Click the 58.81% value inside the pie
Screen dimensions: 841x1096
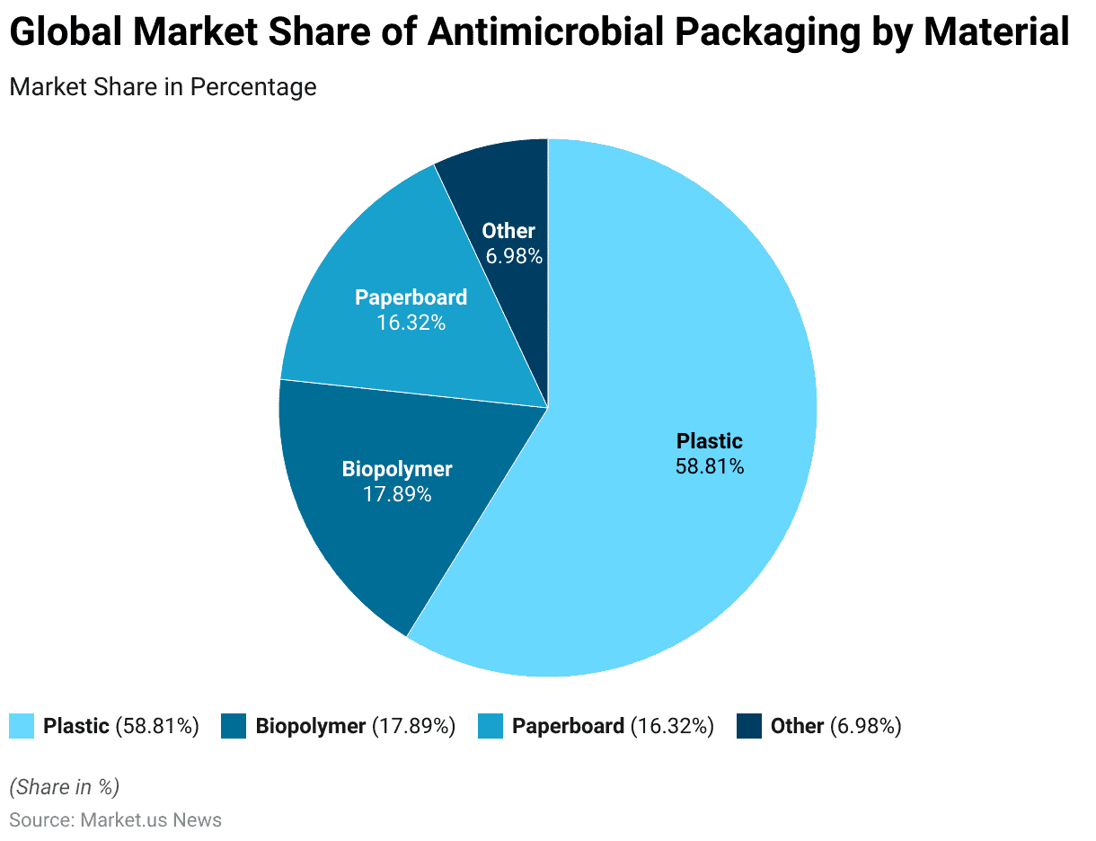tap(710, 466)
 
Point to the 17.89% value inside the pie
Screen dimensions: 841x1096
tap(397, 493)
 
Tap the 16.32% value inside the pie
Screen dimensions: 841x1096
tap(411, 322)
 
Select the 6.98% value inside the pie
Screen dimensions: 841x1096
tap(514, 256)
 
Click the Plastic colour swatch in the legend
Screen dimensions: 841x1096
tap(22, 726)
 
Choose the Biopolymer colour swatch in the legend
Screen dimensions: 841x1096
tap(234, 726)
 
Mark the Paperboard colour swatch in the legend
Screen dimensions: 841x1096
tap(491, 726)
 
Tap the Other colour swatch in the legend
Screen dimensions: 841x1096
tap(749, 726)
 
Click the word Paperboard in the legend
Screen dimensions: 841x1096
tap(568, 726)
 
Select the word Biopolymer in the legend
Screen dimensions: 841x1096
tap(310, 726)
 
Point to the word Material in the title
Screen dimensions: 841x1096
tap(996, 33)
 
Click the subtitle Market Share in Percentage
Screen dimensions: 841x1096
tap(163, 87)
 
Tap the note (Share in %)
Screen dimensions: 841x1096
tap(64, 787)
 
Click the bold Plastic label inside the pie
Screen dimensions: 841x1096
tap(710, 441)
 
